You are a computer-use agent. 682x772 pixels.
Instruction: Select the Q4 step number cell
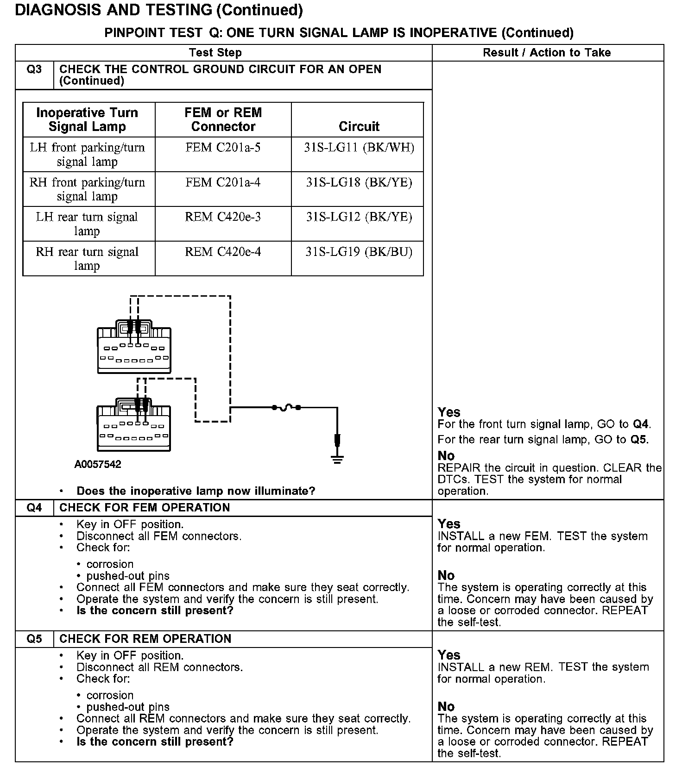pos(34,508)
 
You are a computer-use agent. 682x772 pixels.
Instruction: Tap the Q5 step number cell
pos(34,639)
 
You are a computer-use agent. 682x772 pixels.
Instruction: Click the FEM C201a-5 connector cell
pos(223,148)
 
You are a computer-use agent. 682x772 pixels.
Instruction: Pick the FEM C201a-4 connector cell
pos(223,182)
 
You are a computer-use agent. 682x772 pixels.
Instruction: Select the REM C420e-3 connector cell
pos(223,217)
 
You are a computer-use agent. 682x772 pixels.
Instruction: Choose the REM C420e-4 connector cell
pos(223,252)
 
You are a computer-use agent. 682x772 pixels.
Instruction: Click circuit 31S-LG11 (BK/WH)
pos(359,148)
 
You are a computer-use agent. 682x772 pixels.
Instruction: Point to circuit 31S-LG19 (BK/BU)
pos(359,252)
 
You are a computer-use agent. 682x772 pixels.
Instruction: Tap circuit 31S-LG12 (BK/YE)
pos(359,217)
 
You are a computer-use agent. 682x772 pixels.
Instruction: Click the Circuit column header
pos(359,126)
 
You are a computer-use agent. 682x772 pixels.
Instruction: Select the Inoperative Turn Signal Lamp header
pos(87,119)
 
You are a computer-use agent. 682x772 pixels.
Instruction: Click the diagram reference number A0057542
pos(98,464)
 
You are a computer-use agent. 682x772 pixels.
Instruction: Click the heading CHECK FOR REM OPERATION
pos(145,639)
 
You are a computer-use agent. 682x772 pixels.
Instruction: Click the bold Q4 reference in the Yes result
pos(641,424)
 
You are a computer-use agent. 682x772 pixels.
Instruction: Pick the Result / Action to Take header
pos(547,53)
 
